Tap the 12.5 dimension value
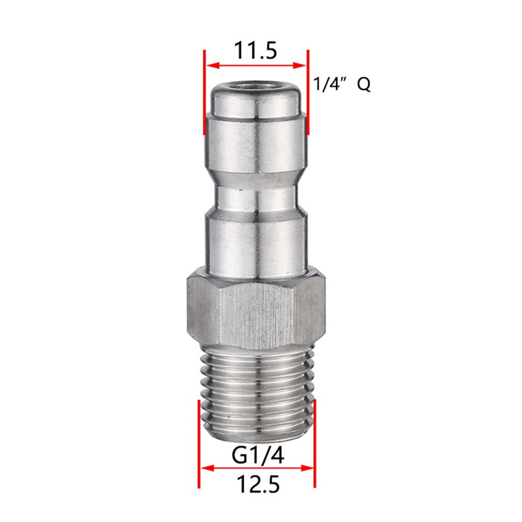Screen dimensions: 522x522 point(256,484)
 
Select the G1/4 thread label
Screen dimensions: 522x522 point(256,455)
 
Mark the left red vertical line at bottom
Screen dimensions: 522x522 point(198,444)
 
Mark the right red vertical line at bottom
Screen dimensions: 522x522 point(315,444)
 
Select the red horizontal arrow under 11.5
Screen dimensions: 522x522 point(256,65)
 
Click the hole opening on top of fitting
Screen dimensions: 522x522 point(256,87)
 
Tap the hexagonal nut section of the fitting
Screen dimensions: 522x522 point(256,310)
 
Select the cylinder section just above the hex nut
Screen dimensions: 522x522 point(256,245)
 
